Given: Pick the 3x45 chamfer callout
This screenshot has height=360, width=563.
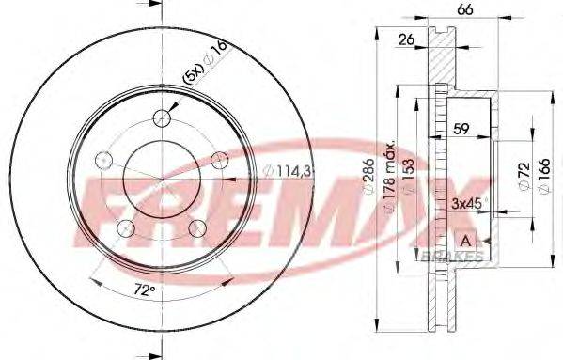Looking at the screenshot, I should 467,202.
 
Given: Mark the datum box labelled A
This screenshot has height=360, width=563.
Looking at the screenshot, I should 463,240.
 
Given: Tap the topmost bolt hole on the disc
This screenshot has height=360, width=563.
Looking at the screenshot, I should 164,117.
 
